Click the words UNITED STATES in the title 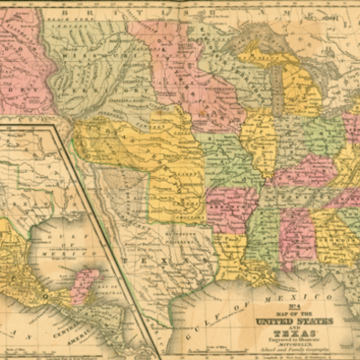tap(295, 320)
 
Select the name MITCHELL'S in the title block tap(295, 343)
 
